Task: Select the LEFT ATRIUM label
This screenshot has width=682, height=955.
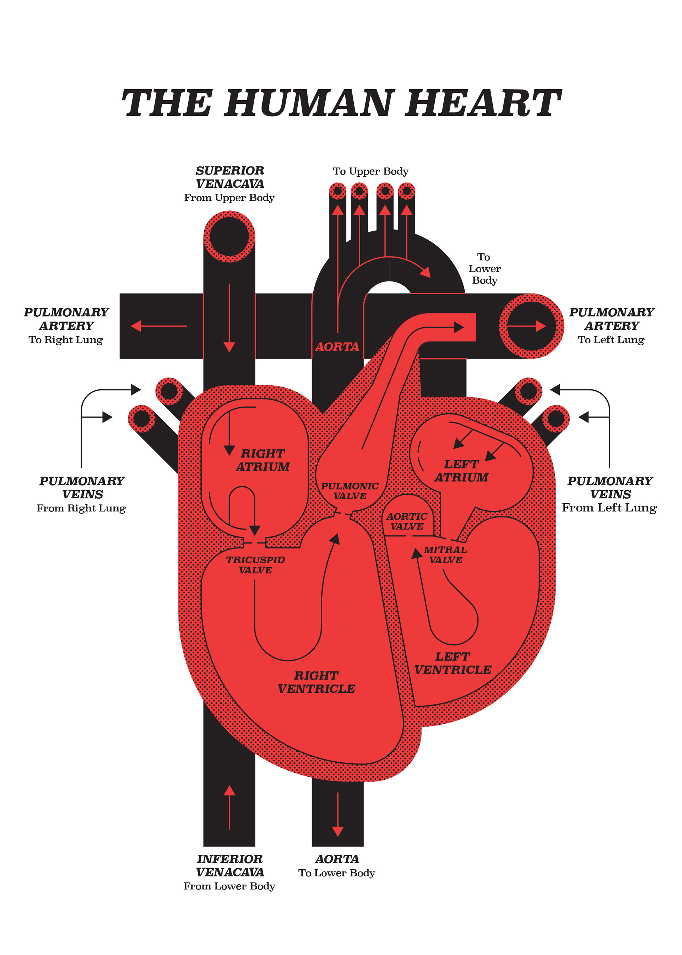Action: [x=461, y=471]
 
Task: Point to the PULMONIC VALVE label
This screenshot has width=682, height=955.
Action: [x=350, y=491]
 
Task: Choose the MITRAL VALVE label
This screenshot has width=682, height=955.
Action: [x=445, y=554]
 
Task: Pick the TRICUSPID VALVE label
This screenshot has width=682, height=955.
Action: [x=255, y=565]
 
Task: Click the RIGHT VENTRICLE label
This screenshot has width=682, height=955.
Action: [x=316, y=682]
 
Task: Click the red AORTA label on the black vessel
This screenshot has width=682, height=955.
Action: [x=337, y=347]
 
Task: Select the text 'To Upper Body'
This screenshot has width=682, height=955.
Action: [x=370, y=171]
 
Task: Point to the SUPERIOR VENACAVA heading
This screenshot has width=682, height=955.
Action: [x=230, y=177]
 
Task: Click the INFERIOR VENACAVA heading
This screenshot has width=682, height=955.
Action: [x=230, y=865]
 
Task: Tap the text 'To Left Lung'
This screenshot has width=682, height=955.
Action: [x=611, y=339]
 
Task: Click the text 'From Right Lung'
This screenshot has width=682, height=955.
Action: [x=81, y=508]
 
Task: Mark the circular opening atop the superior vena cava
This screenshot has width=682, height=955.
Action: [x=229, y=237]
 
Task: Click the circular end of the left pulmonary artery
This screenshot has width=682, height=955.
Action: [x=531, y=326]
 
